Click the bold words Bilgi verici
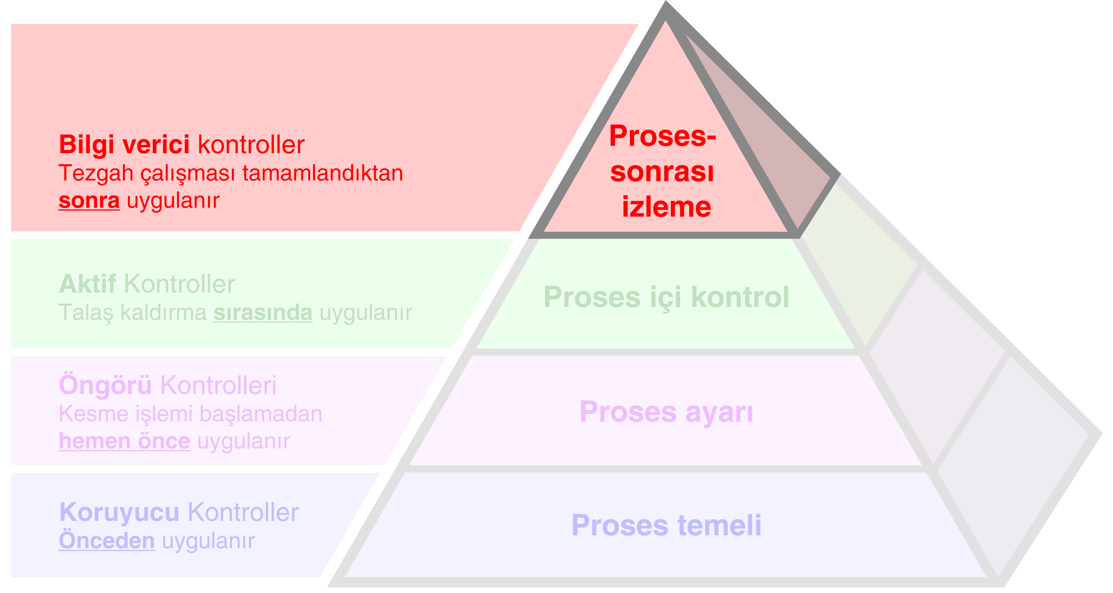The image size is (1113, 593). (124, 144)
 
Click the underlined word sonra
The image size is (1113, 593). (89, 200)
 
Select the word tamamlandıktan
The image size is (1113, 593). (322, 173)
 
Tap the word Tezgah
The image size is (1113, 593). (96, 174)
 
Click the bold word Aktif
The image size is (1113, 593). (87, 284)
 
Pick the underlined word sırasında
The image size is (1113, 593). (263, 312)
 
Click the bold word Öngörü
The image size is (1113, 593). (105, 385)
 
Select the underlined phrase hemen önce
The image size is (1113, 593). (124, 441)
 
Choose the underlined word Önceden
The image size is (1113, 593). (107, 540)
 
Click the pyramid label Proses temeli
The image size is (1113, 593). (666, 525)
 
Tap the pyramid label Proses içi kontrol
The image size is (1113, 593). (666, 297)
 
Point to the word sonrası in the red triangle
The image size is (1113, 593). (662, 172)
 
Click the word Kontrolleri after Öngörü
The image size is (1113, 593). (218, 385)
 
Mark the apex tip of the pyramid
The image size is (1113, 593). (666, 5)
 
